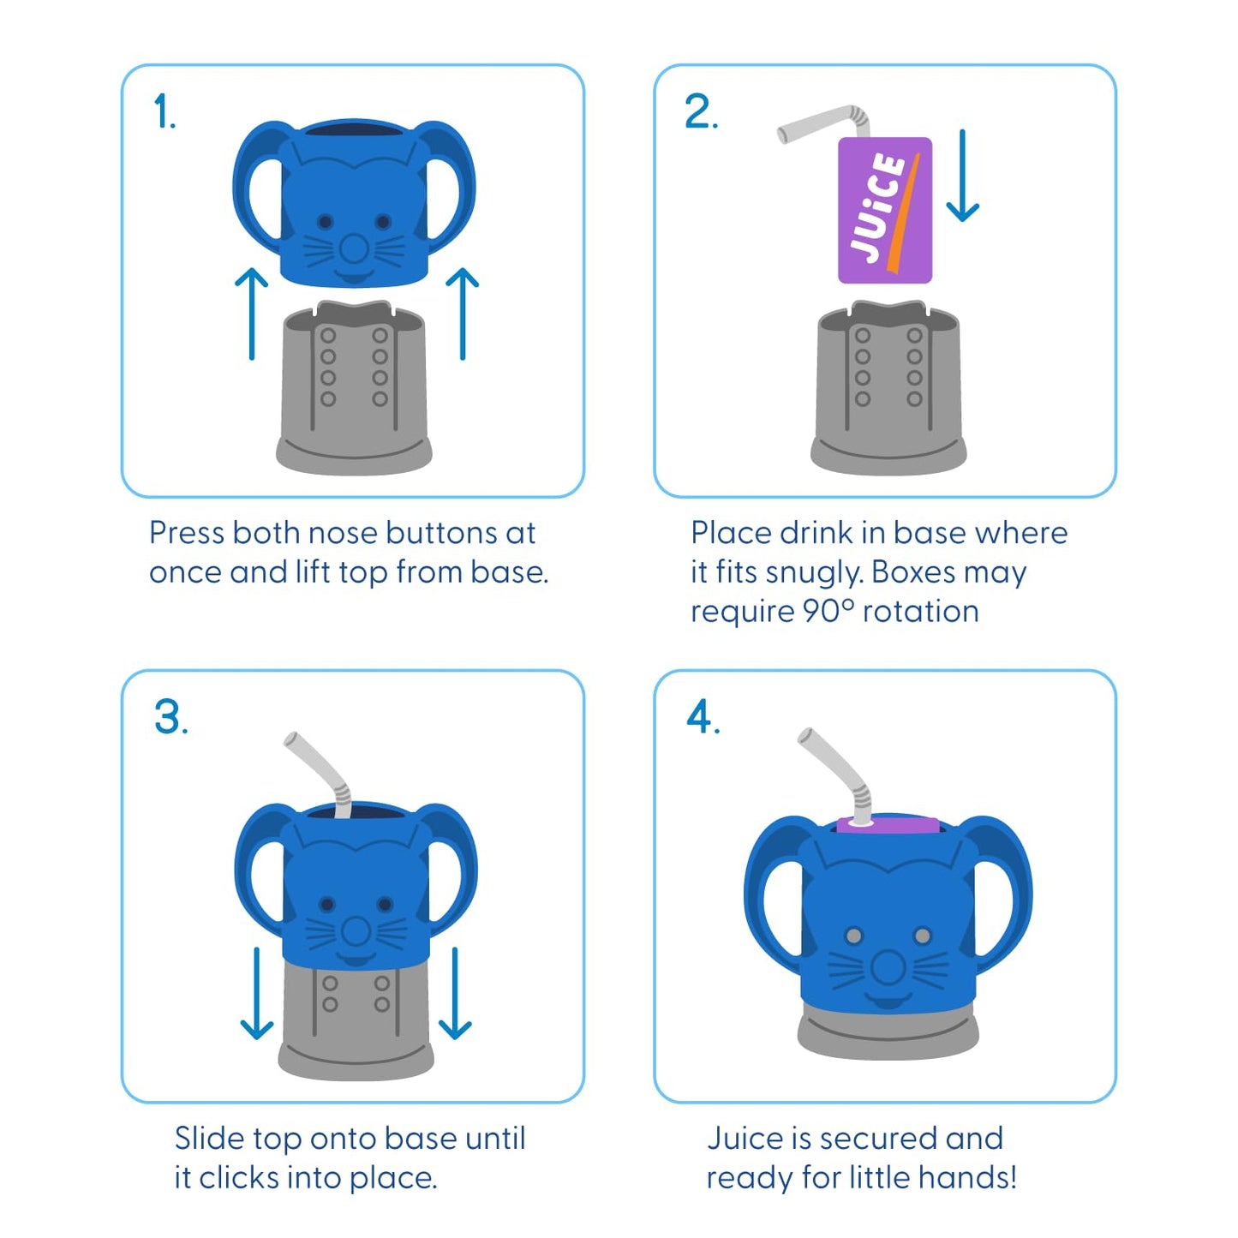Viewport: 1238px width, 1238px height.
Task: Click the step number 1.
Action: coord(163,113)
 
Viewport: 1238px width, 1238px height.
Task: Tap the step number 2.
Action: coord(699,113)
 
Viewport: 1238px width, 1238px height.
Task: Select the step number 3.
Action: coord(169,717)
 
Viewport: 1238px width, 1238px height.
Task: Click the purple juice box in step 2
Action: coord(885,211)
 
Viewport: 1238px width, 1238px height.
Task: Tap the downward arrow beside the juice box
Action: coord(963,176)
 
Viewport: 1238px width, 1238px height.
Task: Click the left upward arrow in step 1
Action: coord(251,314)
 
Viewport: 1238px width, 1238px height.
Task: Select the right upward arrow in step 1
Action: coord(463,314)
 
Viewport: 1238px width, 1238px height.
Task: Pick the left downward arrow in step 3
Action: coord(257,994)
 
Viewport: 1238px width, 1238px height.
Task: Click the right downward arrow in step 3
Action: coord(455,994)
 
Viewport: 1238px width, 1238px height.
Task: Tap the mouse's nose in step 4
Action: coord(888,969)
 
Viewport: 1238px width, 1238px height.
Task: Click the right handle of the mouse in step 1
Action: coord(452,184)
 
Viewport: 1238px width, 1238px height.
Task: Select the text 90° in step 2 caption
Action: coord(828,612)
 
